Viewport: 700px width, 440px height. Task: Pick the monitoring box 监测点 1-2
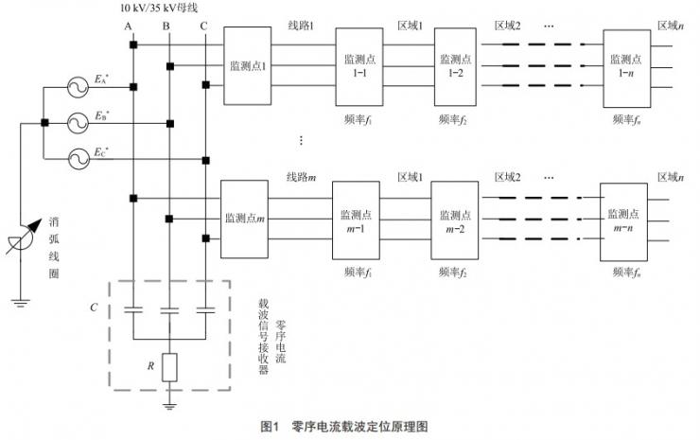[454, 65]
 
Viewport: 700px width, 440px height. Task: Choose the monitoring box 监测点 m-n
[624, 219]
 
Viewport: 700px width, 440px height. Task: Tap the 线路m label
[300, 176]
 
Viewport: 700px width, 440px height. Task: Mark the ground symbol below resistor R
[168, 404]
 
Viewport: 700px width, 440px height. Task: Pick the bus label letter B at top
[166, 26]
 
